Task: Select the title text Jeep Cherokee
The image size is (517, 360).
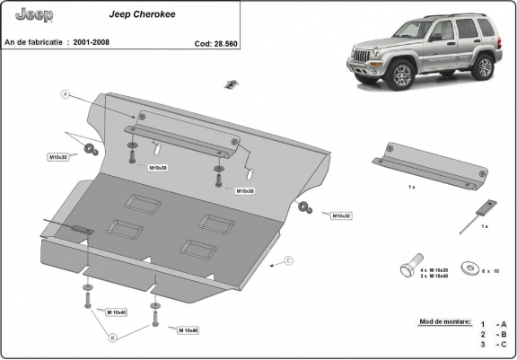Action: [136, 15]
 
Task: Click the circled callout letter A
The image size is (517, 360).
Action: [65, 93]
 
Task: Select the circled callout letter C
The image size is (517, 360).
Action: [289, 261]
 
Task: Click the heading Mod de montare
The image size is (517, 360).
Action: [444, 320]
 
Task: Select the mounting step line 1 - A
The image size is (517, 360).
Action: [493, 324]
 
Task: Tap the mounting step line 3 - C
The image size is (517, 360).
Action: [493, 345]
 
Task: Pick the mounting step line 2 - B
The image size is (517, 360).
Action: [493, 334]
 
